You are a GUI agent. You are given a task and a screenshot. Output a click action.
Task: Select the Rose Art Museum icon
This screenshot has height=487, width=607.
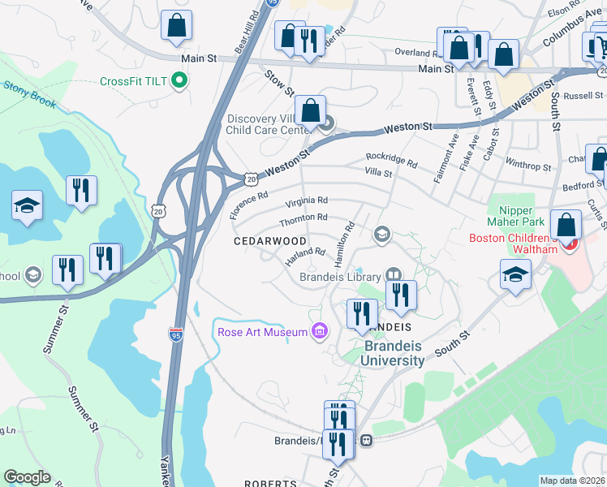tap(319, 331)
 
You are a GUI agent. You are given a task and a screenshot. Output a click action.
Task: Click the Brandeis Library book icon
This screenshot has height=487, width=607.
tap(394, 275)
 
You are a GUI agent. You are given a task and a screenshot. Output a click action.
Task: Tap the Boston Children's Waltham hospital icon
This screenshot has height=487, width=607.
tap(572, 243)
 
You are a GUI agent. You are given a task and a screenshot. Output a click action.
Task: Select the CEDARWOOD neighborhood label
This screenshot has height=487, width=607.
tap(270, 242)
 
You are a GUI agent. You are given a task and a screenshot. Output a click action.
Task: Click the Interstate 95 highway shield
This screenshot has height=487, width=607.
tap(175, 334)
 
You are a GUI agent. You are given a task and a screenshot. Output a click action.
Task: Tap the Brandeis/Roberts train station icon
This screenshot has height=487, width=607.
tap(367, 441)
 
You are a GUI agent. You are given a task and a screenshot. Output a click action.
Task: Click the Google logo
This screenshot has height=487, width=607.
tap(27, 477)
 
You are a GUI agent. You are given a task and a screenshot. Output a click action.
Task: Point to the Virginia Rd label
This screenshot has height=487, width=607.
tap(305, 200)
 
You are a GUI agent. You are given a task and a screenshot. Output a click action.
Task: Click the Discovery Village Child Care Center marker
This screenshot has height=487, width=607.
tap(327, 123)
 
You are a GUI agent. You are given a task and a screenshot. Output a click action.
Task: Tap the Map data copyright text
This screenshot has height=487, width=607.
tap(572, 481)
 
